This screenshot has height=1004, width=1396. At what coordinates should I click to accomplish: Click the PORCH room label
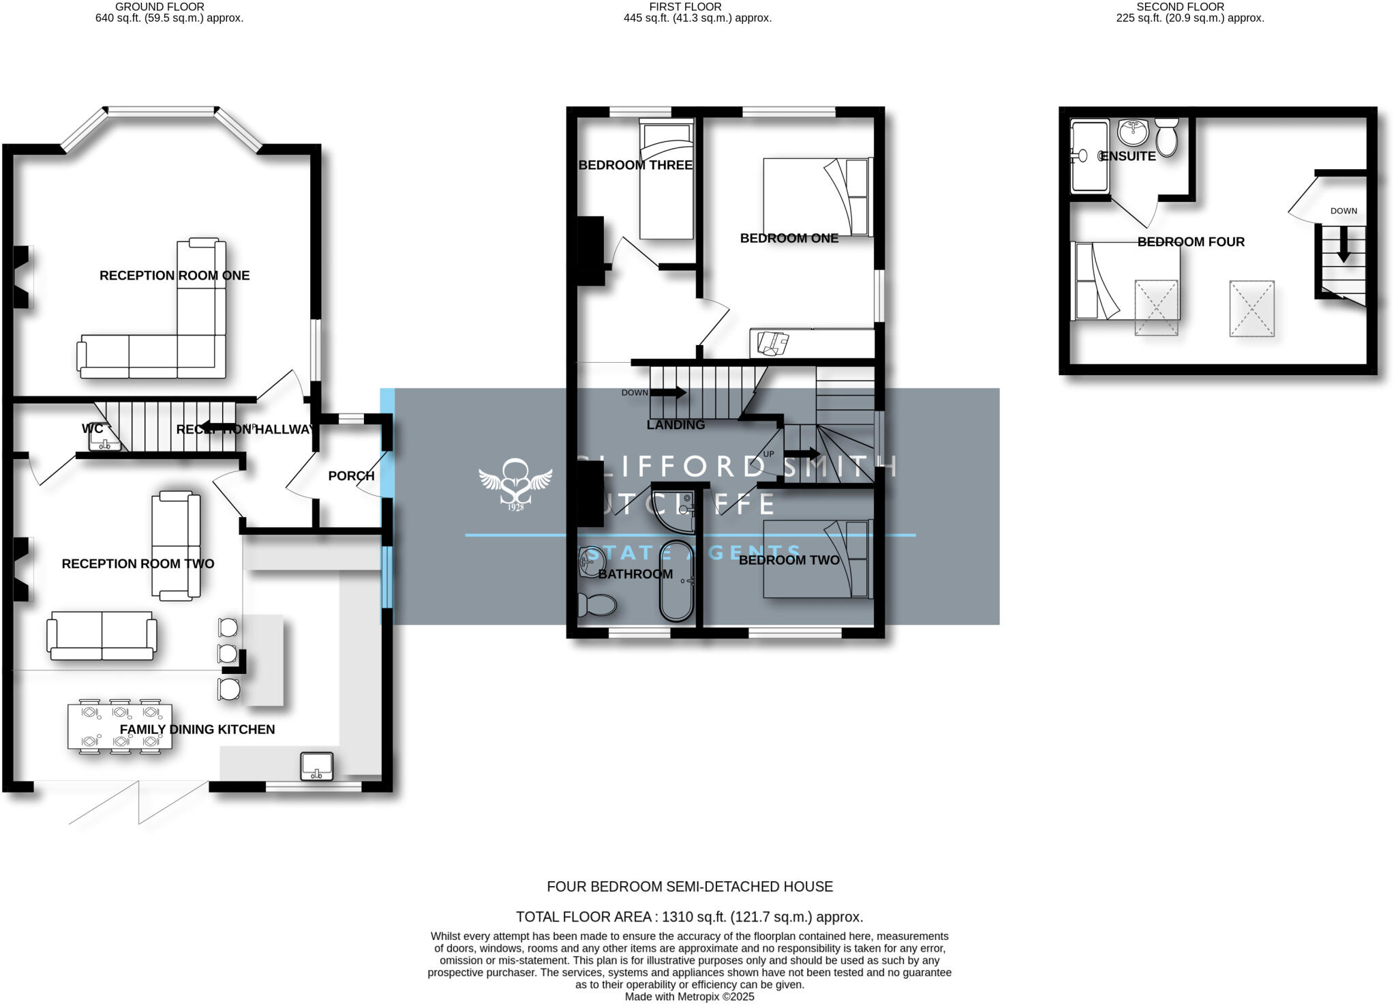(x=351, y=476)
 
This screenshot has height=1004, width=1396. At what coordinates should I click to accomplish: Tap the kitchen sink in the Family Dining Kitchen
(x=317, y=766)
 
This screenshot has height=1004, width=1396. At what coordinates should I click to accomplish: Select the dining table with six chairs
(x=120, y=726)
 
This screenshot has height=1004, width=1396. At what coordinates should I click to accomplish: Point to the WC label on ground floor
(x=92, y=429)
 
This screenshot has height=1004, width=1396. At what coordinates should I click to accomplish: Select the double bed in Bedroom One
(x=817, y=197)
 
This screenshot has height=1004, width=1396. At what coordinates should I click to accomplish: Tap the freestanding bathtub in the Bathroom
(x=676, y=580)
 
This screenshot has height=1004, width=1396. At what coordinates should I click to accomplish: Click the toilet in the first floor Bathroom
(x=596, y=604)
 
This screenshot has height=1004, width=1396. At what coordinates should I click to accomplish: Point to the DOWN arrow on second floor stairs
(x=1343, y=244)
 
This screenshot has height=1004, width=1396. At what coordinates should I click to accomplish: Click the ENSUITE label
(x=1128, y=156)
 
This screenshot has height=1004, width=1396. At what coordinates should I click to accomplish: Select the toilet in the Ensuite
(x=1167, y=136)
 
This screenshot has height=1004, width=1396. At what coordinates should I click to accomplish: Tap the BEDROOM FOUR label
(x=1191, y=242)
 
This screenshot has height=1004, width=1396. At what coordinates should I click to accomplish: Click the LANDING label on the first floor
(x=676, y=425)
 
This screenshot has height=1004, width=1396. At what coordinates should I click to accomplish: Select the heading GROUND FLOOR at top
(x=160, y=7)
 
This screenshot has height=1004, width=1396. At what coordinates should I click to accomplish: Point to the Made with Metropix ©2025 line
(x=689, y=996)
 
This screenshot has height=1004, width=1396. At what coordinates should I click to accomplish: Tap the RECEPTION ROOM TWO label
(x=138, y=564)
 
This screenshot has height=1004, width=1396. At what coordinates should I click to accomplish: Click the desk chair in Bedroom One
(x=772, y=343)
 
